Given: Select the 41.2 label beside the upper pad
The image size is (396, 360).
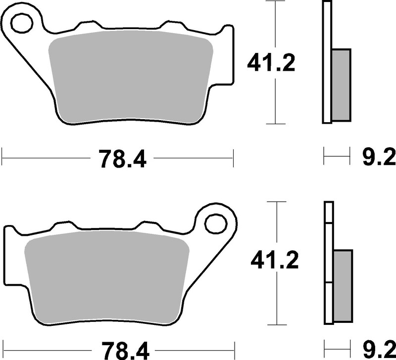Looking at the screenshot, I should [x=272, y=63].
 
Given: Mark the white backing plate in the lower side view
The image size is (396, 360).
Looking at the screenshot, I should [x=329, y=262].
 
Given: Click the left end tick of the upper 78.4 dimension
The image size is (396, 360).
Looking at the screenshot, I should [x=2, y=159].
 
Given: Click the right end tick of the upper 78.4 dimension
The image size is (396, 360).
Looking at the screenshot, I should [x=233, y=159].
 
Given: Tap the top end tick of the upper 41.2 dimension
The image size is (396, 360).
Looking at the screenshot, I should [x=275, y=1].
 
